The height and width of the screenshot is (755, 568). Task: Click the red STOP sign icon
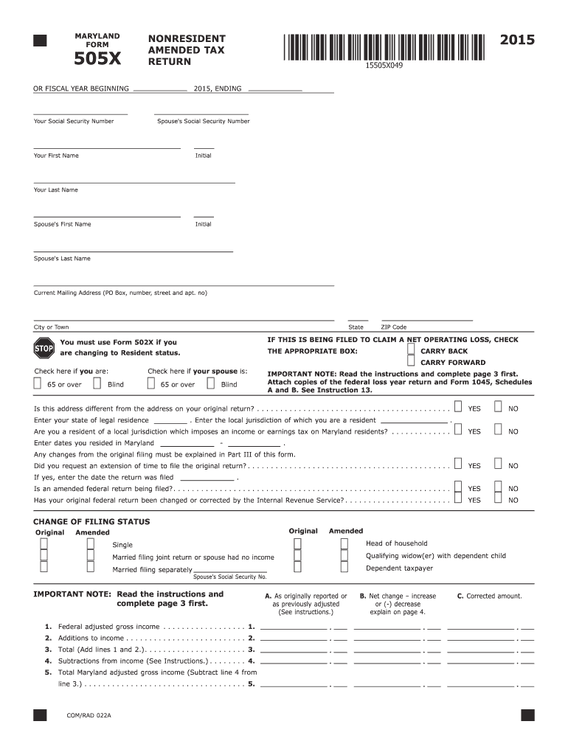click(44, 347)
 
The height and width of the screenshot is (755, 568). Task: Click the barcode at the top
click(383, 46)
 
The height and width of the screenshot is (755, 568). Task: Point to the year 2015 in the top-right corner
click(516, 40)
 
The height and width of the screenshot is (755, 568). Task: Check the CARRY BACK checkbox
click(411, 351)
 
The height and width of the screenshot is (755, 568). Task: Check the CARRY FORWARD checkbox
click(411, 362)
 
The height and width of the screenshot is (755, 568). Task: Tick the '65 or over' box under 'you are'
click(38, 383)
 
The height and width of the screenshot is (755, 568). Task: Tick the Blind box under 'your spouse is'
click(211, 383)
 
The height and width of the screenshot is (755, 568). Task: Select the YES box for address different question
click(458, 407)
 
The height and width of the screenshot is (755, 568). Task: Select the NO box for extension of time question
click(498, 465)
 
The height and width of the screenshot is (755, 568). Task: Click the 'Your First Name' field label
click(56, 156)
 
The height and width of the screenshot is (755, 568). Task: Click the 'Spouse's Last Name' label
click(62, 259)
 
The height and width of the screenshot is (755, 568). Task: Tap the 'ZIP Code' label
click(393, 327)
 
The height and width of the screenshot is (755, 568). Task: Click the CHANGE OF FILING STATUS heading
click(91, 521)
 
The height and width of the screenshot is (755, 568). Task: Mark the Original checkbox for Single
click(44, 544)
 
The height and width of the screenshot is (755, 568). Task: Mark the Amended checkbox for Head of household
click(344, 543)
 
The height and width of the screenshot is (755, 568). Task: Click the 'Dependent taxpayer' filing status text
click(399, 568)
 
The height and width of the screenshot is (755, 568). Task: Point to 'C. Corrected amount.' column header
click(489, 596)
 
